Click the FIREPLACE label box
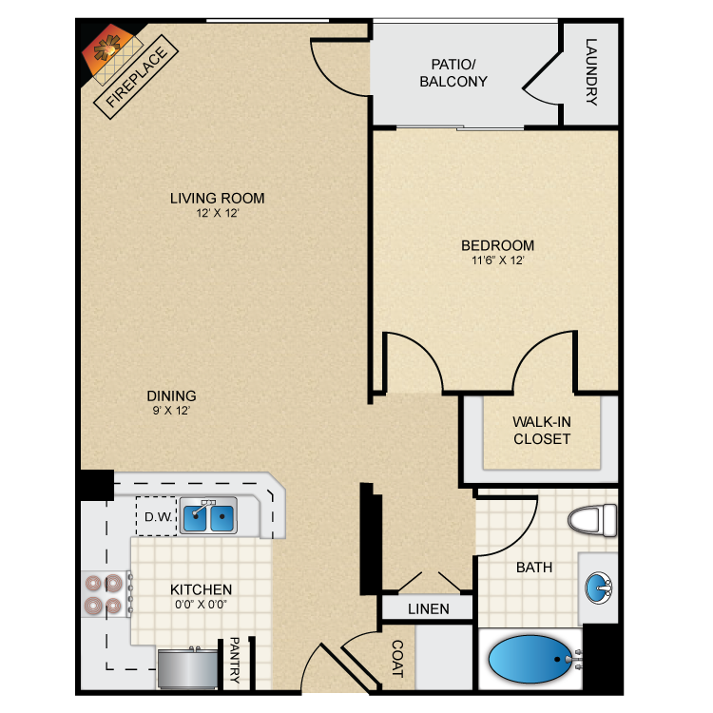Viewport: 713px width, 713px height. tap(136, 77)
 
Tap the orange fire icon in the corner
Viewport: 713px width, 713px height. tap(106, 49)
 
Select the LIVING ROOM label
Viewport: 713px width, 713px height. tap(218, 199)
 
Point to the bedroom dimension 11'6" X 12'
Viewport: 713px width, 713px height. tap(498, 260)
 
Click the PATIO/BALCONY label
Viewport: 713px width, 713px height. tap(453, 73)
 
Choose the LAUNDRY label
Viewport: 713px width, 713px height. tap(591, 72)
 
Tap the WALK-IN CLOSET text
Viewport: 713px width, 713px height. tap(542, 430)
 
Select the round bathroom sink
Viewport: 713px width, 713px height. tap(598, 588)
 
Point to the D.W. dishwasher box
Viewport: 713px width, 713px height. tap(157, 516)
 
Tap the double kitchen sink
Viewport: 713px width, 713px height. tap(209, 515)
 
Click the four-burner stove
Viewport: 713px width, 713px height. tap(105, 594)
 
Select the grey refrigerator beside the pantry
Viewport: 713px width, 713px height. tap(188, 668)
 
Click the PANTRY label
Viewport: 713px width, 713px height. tap(234, 660)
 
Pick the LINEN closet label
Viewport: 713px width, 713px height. tap(429, 608)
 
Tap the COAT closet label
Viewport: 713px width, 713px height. tap(397, 659)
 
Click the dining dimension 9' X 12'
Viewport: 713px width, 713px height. tap(171, 410)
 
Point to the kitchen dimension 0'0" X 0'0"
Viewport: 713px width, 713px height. tap(201, 605)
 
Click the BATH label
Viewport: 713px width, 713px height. tap(534, 568)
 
